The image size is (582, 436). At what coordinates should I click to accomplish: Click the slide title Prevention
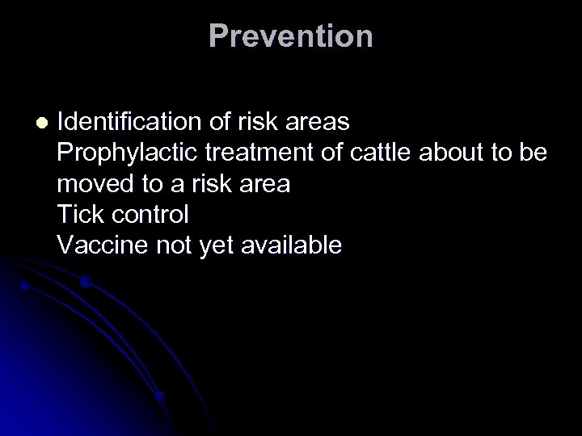click(290, 36)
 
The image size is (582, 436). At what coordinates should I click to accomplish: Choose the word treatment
click(242, 153)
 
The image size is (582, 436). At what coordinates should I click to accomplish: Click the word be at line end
click(535, 153)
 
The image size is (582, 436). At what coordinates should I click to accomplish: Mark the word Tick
click(81, 215)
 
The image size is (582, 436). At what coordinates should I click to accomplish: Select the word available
click(292, 245)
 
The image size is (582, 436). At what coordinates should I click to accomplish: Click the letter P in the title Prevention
click(217, 36)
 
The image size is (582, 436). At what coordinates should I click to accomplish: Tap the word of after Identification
click(220, 123)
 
